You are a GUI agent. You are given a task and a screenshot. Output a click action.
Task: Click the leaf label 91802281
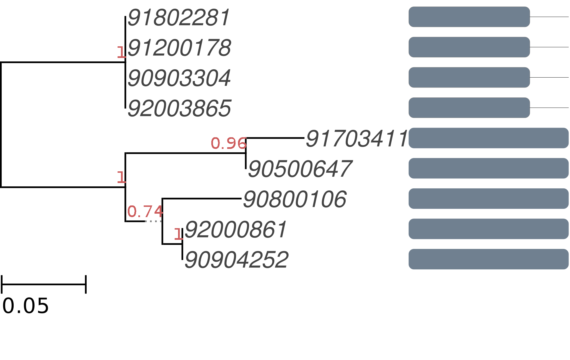click(x=179, y=17)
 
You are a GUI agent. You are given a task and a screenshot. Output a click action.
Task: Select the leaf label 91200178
click(x=179, y=48)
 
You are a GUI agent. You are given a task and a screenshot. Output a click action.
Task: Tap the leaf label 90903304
click(x=179, y=78)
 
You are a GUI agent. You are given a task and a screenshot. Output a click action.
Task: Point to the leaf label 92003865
click(x=179, y=108)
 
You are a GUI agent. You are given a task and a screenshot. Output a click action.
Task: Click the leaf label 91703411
click(x=357, y=139)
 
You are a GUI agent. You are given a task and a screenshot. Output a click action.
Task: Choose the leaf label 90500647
click(x=300, y=169)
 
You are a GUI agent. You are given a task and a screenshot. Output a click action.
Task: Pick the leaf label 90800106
click(x=295, y=199)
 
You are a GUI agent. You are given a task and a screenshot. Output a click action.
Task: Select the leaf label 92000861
click(x=236, y=229)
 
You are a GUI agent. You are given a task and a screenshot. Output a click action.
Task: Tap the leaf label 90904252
click(x=236, y=260)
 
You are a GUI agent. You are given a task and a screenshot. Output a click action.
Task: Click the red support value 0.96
click(x=229, y=143)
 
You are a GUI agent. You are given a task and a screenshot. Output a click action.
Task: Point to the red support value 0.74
click(x=145, y=211)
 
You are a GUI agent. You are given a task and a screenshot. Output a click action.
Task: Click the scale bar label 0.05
click(x=26, y=306)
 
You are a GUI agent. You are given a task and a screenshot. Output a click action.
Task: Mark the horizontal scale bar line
click(x=44, y=284)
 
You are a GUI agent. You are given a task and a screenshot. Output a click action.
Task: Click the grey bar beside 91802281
click(x=469, y=17)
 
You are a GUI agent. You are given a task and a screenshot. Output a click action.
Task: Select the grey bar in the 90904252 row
click(x=488, y=259)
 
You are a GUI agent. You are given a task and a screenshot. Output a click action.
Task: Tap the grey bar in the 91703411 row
click(x=488, y=138)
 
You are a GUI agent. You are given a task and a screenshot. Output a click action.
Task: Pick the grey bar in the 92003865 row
click(x=469, y=108)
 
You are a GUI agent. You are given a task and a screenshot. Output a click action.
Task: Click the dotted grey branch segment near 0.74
click(x=153, y=221)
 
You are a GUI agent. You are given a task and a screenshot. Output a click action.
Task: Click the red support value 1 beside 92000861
click(x=178, y=234)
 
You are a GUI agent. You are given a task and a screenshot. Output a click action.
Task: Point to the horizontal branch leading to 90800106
click(x=202, y=199)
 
